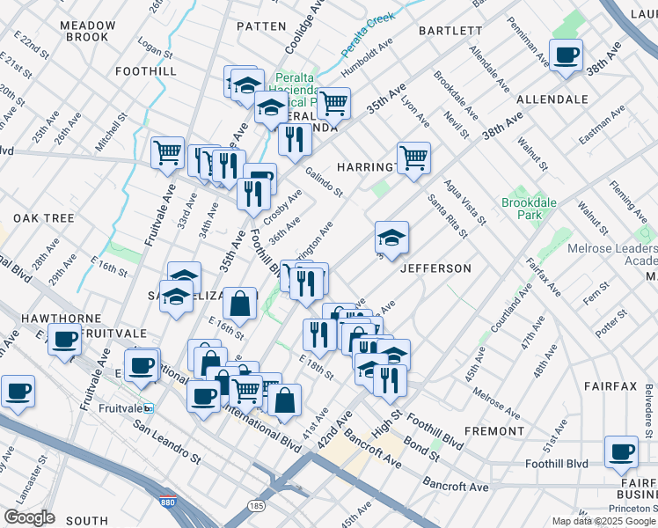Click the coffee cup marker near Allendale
(x=566, y=56)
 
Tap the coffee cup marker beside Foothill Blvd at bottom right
(x=622, y=452)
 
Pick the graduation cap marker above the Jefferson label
(x=391, y=237)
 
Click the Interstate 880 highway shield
(x=167, y=502)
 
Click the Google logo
(x=30, y=517)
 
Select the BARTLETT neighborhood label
(x=450, y=30)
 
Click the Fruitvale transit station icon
(x=149, y=408)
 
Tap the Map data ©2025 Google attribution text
(x=603, y=521)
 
